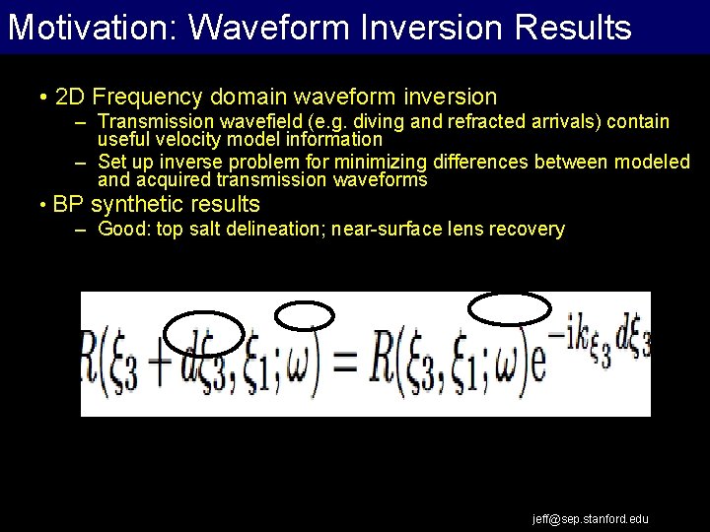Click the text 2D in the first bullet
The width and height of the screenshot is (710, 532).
point(72,97)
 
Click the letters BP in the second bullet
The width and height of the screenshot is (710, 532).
point(68,205)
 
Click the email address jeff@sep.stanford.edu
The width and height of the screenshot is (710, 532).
point(591,518)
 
